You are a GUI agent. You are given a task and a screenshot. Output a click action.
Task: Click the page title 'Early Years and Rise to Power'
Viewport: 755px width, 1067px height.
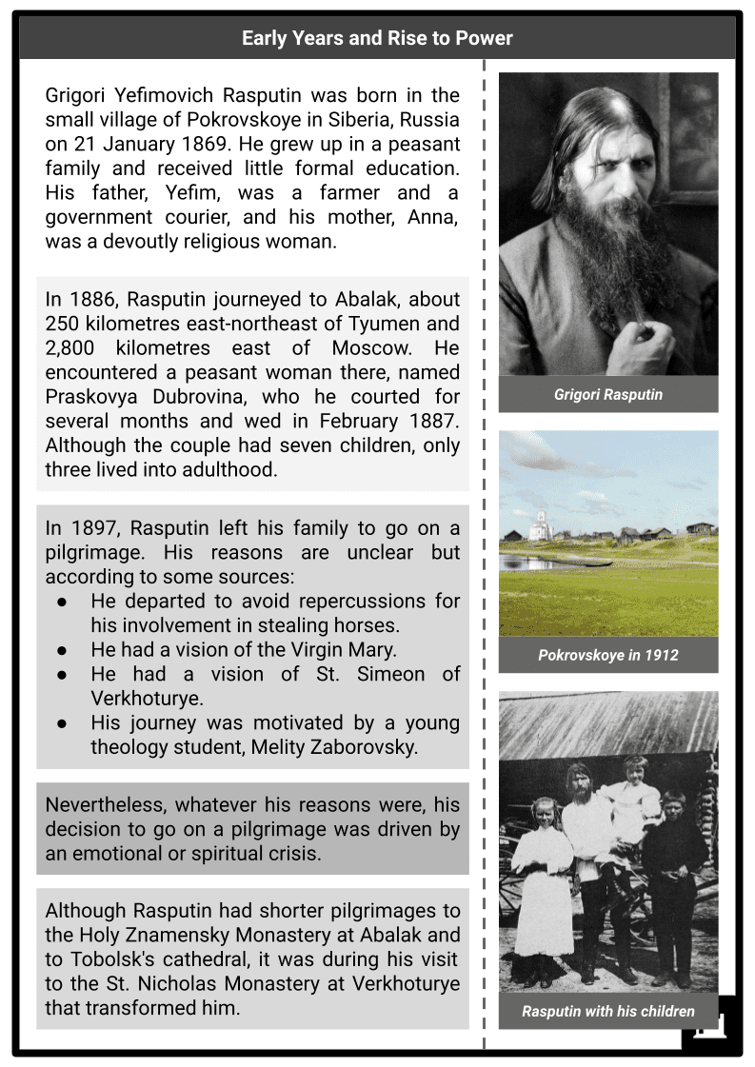pos(377,38)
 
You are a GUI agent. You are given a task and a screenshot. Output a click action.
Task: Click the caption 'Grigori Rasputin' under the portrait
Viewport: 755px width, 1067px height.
pos(607,394)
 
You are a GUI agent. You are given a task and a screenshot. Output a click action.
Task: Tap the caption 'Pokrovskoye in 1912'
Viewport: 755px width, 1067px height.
pos(607,655)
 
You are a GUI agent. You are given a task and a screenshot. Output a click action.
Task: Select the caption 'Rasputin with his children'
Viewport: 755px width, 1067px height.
pos(607,1011)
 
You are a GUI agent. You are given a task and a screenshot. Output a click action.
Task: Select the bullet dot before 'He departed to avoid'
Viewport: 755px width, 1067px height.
pos(62,602)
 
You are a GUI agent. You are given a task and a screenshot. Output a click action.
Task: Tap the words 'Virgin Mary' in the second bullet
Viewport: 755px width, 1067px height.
pos(347,650)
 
